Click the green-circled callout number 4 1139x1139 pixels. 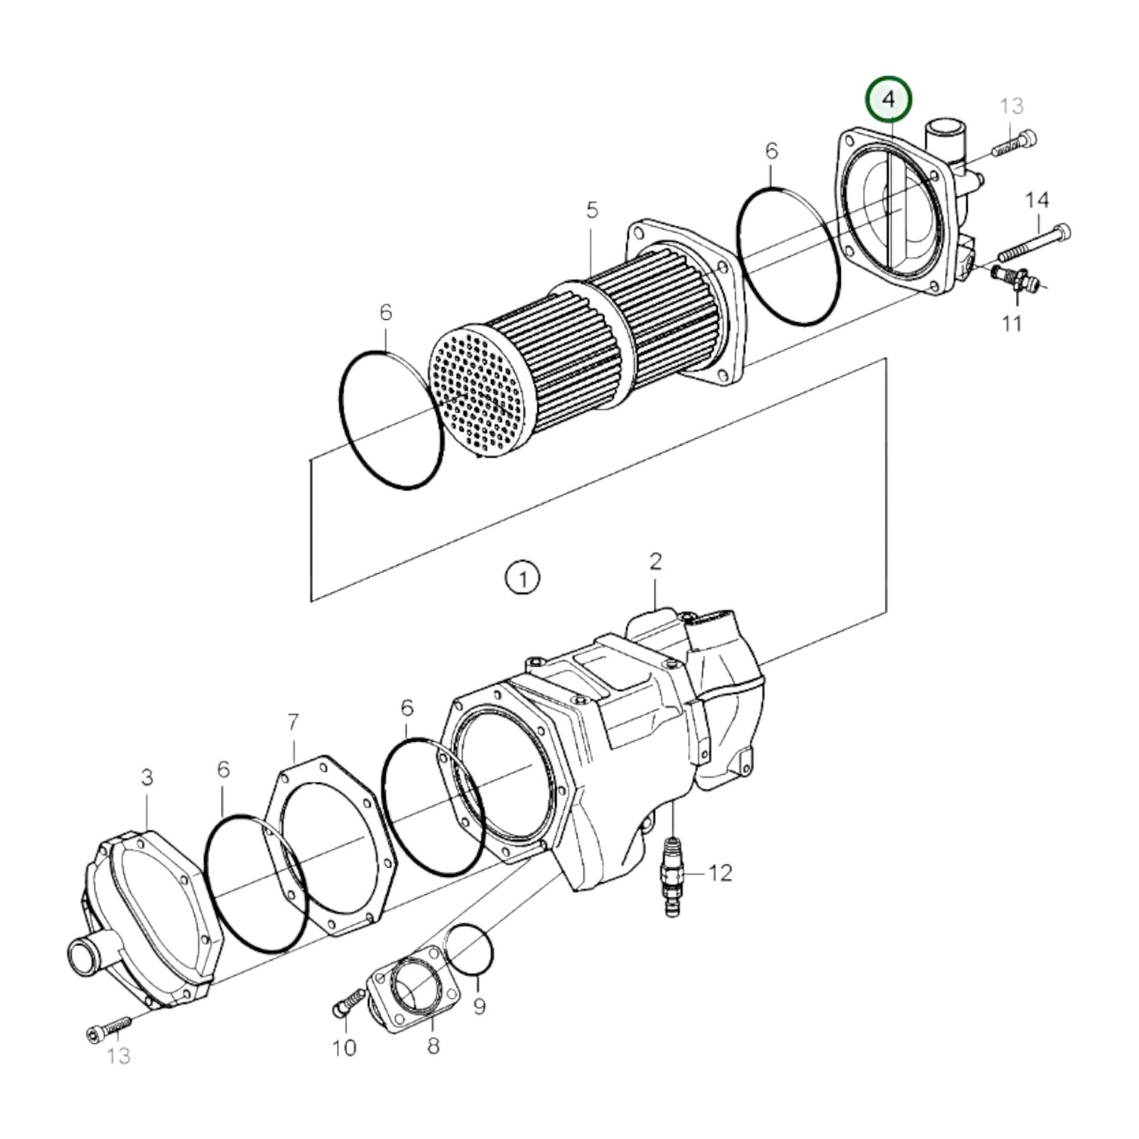click(x=888, y=99)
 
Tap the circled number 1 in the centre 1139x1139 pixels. click(x=523, y=578)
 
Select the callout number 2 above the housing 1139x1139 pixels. click(x=655, y=562)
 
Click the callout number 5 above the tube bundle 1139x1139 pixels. click(x=592, y=210)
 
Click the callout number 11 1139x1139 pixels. click(x=1011, y=323)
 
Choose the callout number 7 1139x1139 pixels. click(x=293, y=721)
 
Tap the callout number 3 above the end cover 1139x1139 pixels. click(x=147, y=777)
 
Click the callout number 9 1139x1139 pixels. click(x=479, y=1007)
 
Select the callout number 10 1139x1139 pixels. click(x=345, y=1048)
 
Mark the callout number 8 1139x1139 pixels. click(x=433, y=1046)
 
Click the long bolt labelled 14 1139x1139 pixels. click(x=1035, y=243)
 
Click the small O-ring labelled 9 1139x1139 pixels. click(x=469, y=951)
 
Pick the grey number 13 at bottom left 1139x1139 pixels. click(x=118, y=1055)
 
